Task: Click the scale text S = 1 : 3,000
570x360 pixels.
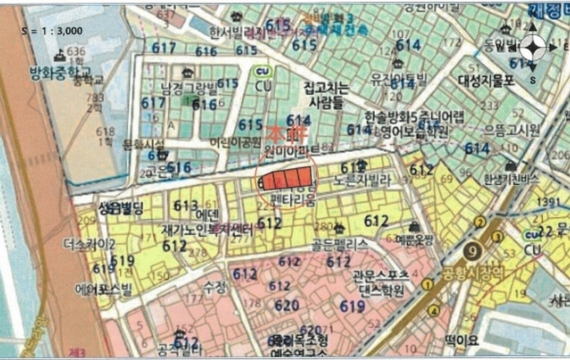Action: point(53,31)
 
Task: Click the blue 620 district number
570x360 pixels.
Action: point(287,305)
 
